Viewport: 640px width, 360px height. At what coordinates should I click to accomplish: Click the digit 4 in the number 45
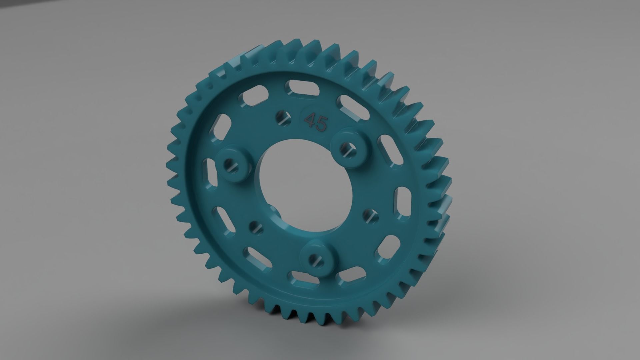click(311, 121)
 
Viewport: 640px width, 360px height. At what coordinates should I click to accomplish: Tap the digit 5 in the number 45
click(321, 125)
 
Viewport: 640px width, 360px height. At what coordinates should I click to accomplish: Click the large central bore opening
click(300, 180)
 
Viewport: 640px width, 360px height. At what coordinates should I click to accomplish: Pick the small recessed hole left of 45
click(282, 118)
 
